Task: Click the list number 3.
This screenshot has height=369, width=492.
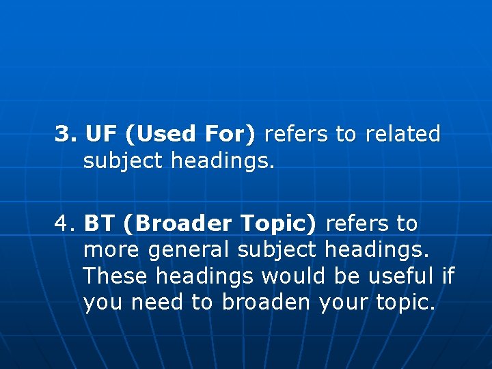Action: (65, 134)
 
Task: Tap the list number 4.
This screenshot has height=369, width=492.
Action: (65, 223)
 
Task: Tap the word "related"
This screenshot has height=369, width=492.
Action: (403, 134)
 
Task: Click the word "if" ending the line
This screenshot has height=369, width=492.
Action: (448, 276)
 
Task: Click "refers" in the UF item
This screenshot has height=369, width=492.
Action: (296, 134)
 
